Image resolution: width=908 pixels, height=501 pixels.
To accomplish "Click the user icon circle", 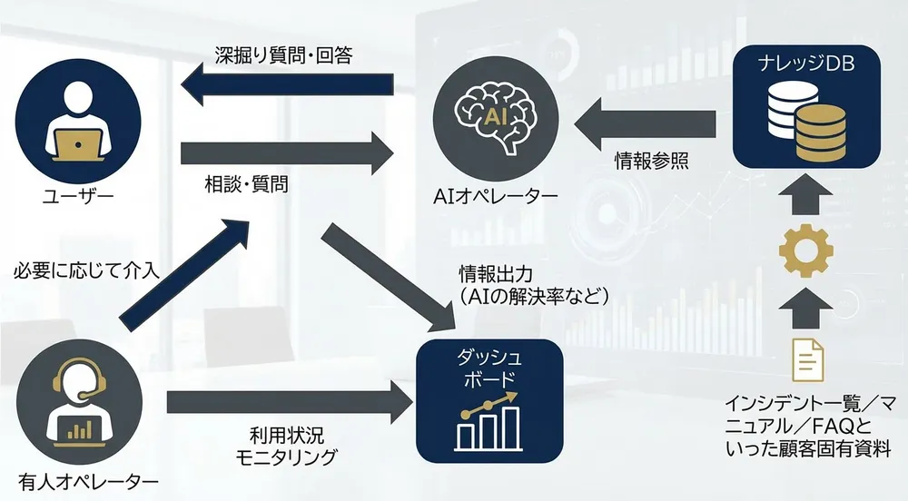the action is [x=78, y=122].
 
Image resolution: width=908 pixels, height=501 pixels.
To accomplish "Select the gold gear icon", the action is [x=806, y=250].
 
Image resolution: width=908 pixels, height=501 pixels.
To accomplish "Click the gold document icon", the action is [x=808, y=359].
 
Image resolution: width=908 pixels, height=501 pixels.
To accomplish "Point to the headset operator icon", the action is [x=79, y=402].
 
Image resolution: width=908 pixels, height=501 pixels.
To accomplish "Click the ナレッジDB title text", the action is [x=806, y=63].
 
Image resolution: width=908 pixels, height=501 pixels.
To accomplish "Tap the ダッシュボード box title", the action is [x=489, y=369].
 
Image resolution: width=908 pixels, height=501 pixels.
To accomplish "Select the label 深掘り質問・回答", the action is [x=283, y=55].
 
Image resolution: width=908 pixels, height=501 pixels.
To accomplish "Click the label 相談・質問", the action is [x=247, y=184].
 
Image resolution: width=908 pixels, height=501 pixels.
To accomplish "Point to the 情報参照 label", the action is [x=652, y=161].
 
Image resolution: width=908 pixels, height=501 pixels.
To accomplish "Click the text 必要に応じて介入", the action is [x=86, y=270].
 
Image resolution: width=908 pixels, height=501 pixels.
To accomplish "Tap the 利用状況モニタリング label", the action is [x=286, y=446].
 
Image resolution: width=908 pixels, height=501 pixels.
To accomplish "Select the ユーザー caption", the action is [x=78, y=197].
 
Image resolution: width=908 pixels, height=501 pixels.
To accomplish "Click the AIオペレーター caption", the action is [x=496, y=196].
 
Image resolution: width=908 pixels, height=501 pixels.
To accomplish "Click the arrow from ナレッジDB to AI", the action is [x=645, y=123].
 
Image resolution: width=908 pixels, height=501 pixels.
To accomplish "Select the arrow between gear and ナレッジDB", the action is [x=806, y=196].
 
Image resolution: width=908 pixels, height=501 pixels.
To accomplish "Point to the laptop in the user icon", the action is [x=78, y=144].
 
